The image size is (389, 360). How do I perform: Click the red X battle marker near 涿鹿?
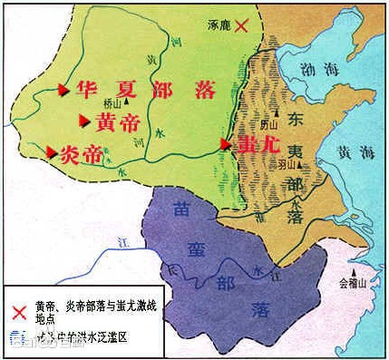(x=241, y=26)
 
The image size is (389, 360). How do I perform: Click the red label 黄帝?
(x=118, y=122)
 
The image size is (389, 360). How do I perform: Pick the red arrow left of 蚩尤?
(x=226, y=143)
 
